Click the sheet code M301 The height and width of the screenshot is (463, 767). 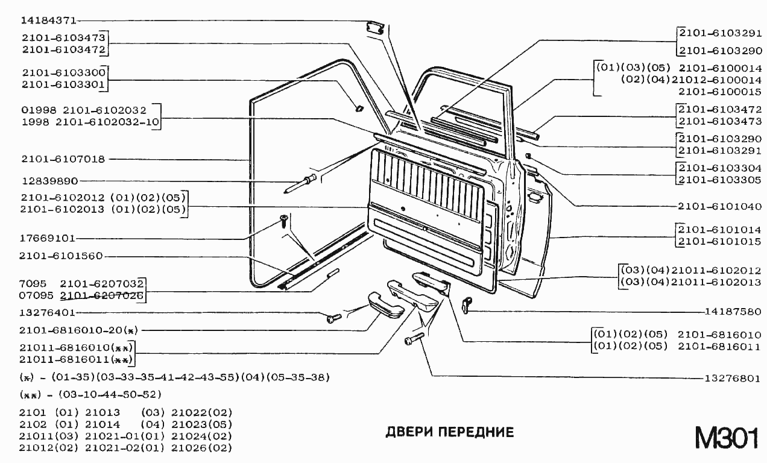(726, 438)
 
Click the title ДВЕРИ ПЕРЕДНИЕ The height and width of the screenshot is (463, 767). (449, 432)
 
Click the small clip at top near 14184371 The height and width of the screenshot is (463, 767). (375, 28)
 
